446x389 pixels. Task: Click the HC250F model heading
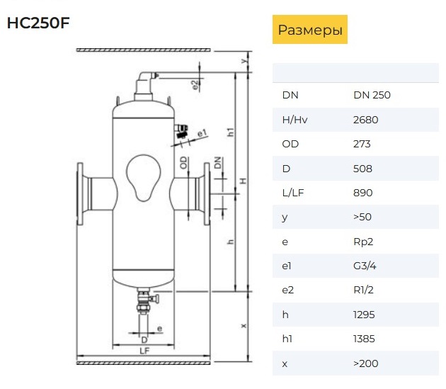coord(38,23)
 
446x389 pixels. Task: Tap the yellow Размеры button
coord(310,29)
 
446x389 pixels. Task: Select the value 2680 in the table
coord(365,120)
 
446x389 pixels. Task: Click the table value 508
coord(362,169)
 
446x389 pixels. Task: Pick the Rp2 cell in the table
coord(363,242)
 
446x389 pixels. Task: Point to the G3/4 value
coord(365,266)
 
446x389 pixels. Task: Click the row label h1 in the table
coord(287,339)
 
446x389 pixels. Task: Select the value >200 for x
coord(366,363)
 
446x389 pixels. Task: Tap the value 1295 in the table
coord(364,315)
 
